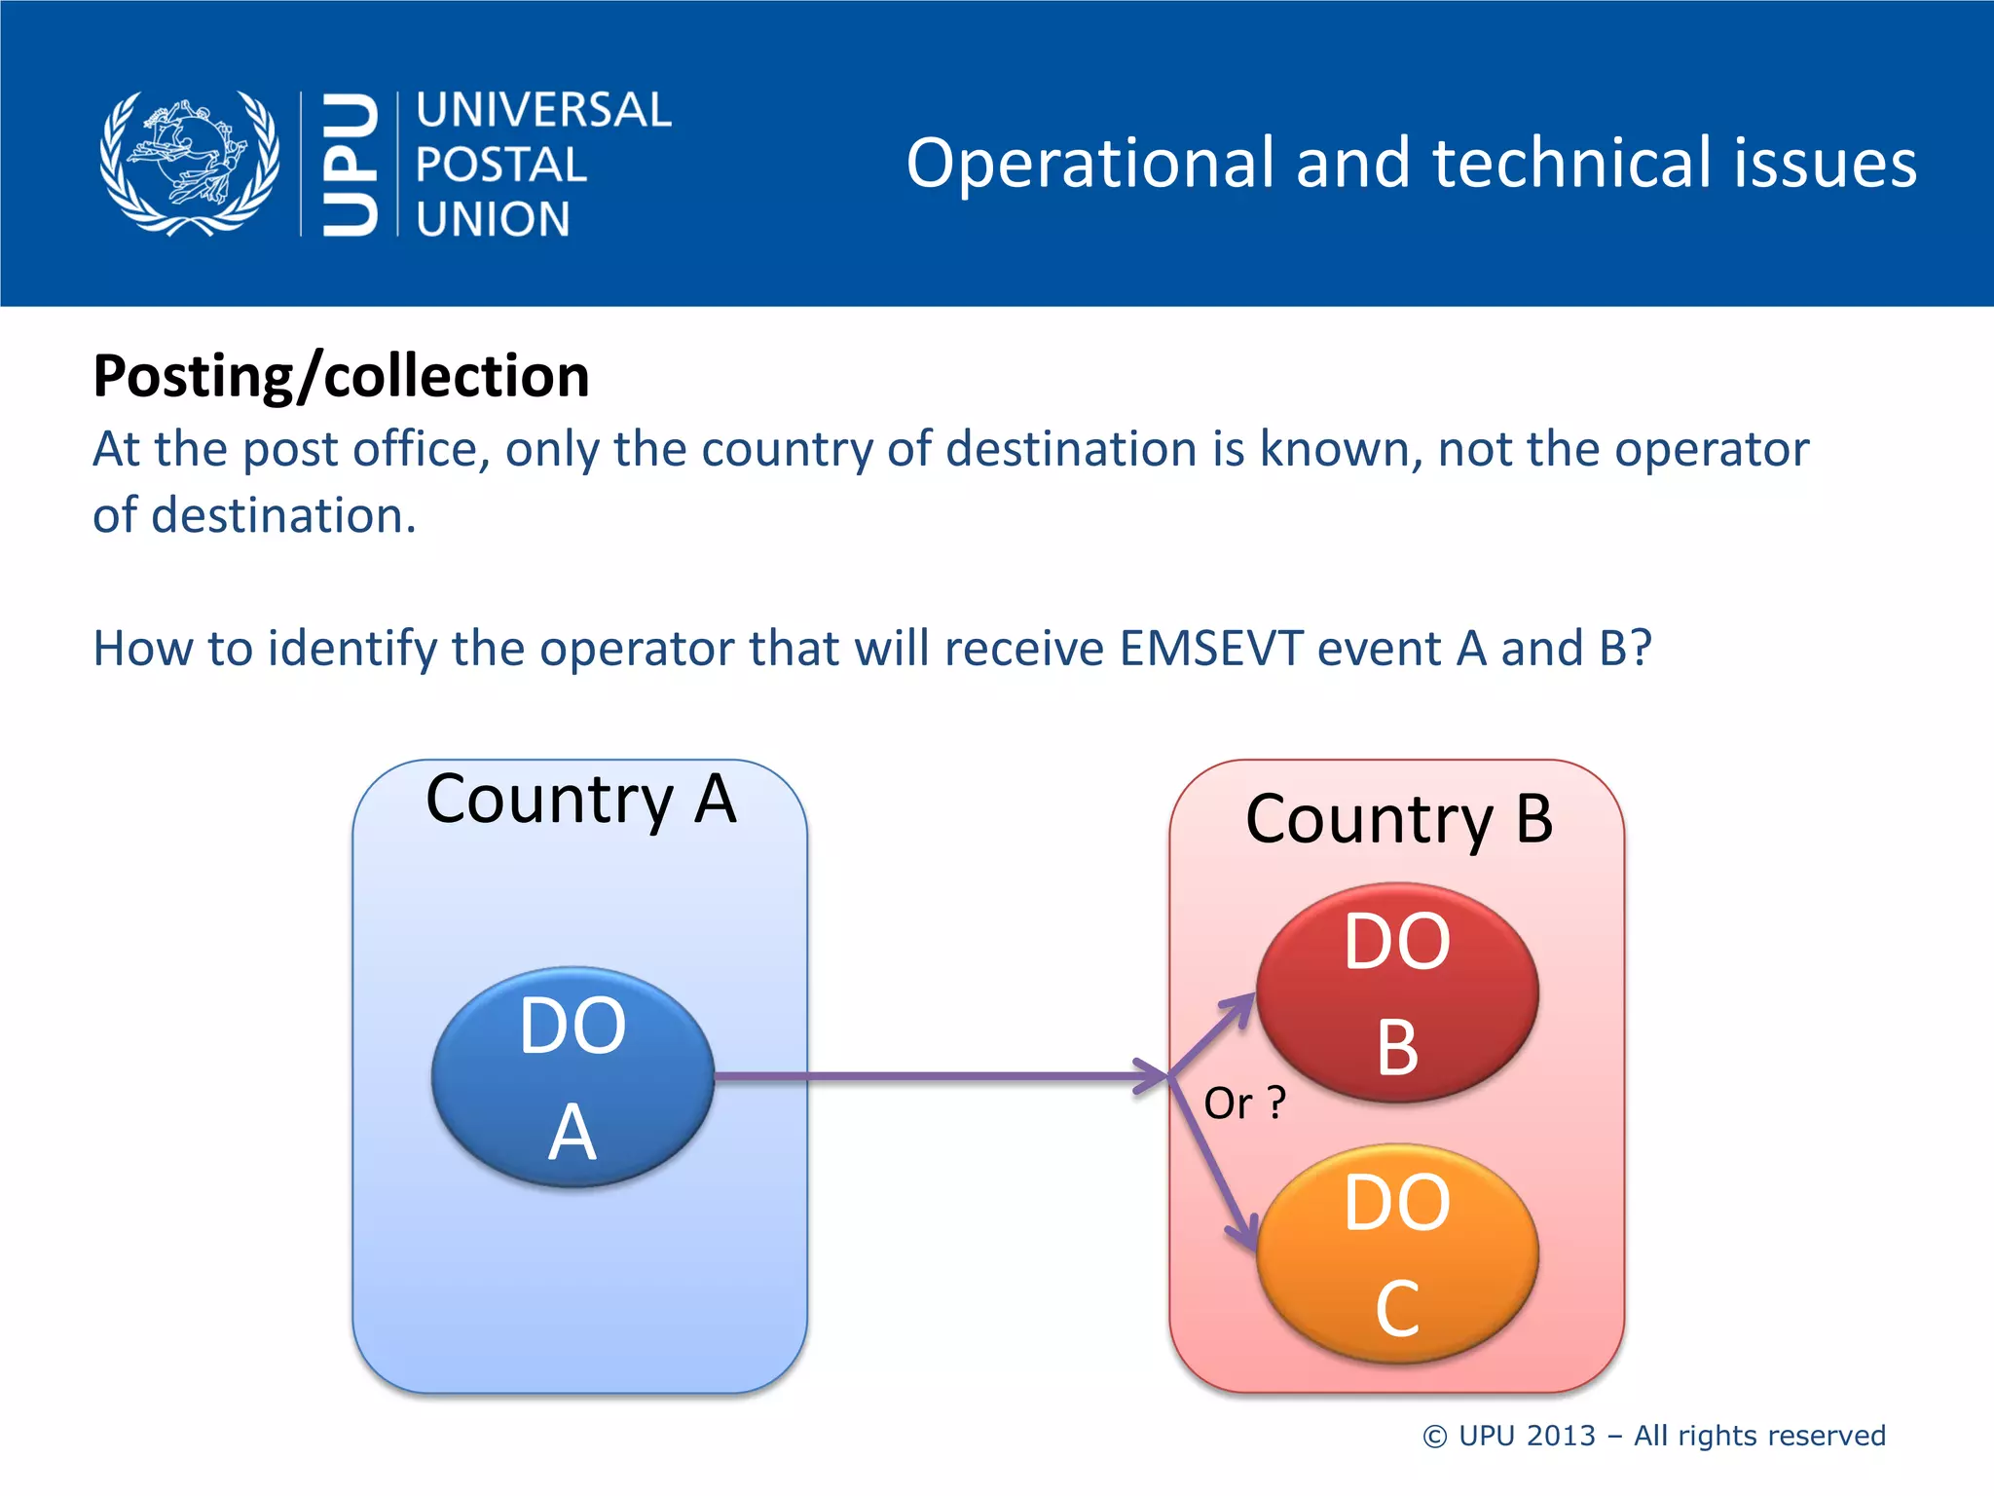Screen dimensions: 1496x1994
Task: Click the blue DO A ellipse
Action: (x=572, y=1076)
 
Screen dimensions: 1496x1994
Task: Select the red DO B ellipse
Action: (x=1397, y=992)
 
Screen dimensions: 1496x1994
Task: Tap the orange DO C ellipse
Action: (x=1397, y=1253)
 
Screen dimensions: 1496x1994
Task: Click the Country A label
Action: (x=580, y=800)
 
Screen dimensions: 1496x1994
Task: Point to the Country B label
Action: (x=1399, y=819)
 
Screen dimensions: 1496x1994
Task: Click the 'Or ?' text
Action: (x=1244, y=1103)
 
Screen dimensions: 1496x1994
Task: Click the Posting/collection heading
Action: (x=341, y=376)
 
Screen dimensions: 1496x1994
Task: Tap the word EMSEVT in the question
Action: (x=1211, y=649)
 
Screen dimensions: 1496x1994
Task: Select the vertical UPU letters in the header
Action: (x=350, y=164)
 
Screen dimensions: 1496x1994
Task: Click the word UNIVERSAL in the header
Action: (x=543, y=110)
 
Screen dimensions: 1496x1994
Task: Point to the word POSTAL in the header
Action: (x=501, y=165)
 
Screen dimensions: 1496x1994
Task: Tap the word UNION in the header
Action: (x=493, y=219)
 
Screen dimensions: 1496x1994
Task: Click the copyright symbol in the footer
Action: (x=1434, y=1437)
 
